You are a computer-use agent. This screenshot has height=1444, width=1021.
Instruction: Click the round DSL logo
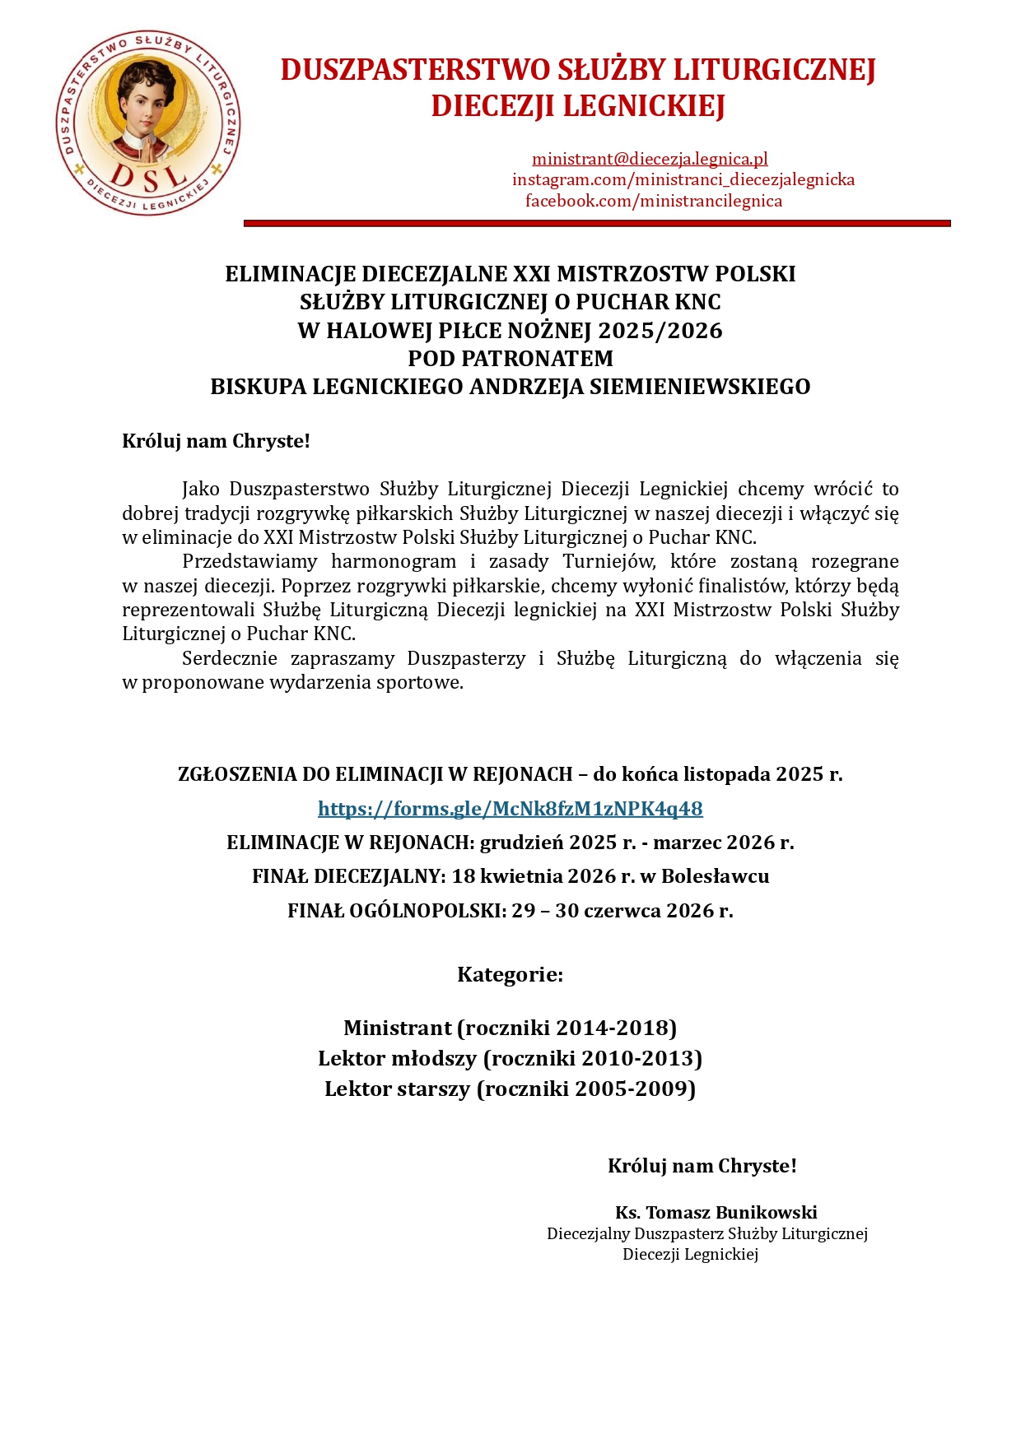tap(148, 123)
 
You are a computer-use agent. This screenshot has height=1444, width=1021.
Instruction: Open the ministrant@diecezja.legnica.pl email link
tap(650, 159)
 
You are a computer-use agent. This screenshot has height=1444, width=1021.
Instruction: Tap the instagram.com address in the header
tap(683, 179)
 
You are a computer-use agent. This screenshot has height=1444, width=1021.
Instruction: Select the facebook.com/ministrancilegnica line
tap(654, 201)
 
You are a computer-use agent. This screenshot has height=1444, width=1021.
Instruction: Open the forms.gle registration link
tap(510, 809)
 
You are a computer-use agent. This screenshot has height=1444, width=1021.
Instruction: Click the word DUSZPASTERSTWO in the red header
tap(416, 70)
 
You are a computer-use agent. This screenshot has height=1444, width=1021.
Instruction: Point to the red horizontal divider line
tap(597, 223)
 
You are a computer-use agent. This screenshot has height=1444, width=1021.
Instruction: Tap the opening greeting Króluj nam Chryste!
tap(216, 441)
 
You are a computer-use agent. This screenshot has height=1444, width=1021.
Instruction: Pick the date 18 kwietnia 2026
tap(534, 876)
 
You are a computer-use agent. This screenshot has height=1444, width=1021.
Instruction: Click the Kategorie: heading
tap(510, 975)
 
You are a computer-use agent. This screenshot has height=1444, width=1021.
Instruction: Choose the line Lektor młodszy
tap(398, 1058)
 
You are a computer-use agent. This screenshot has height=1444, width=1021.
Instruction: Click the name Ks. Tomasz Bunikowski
tap(716, 1212)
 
